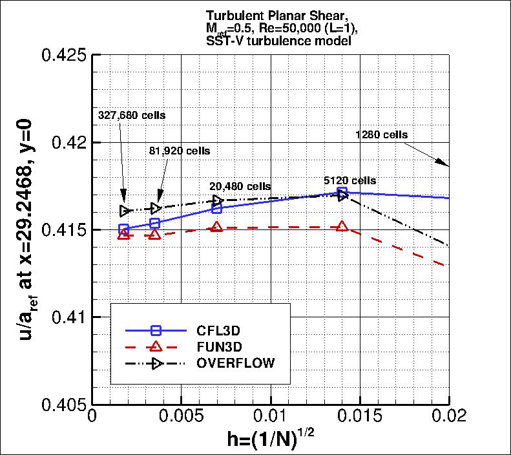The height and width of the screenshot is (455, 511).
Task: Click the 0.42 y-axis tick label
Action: (69, 142)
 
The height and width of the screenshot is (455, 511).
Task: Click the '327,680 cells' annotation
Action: (132, 115)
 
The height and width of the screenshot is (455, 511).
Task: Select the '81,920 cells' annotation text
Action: (180, 151)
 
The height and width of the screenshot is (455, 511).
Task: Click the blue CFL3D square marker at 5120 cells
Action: (342, 192)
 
